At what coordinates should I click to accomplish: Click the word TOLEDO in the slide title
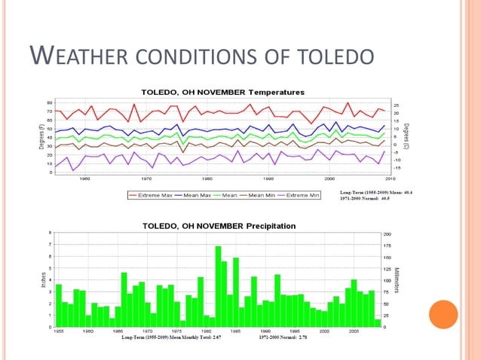coord(332,57)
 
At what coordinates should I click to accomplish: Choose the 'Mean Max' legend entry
coord(201,195)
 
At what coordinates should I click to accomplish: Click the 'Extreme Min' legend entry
coord(302,195)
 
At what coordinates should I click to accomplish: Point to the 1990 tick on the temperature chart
coord(268,179)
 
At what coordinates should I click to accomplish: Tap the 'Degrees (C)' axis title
coord(406,136)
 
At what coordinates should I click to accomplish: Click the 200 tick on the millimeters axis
coord(387,233)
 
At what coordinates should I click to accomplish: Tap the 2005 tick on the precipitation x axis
coord(354,331)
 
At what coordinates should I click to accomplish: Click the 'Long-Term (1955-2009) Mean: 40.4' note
coord(381,191)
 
